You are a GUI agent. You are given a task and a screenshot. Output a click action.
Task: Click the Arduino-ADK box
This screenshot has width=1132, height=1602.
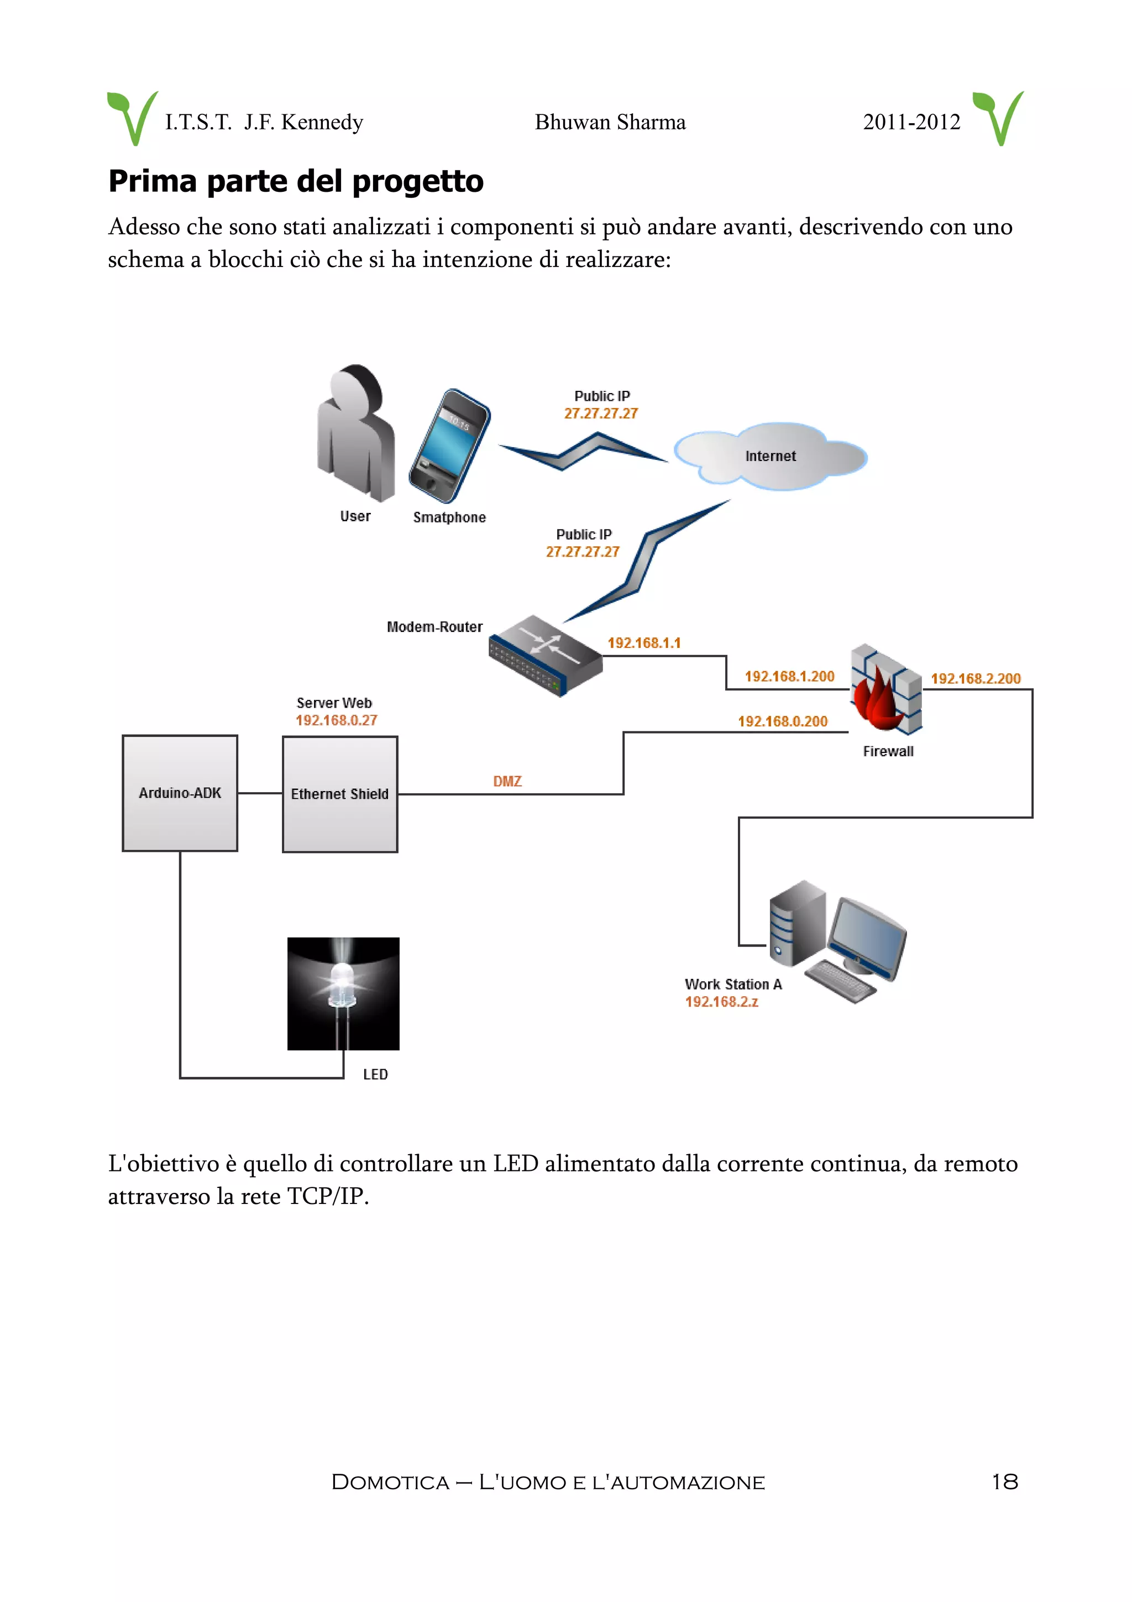click(180, 793)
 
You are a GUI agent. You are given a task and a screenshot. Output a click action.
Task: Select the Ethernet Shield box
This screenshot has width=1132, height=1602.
click(340, 794)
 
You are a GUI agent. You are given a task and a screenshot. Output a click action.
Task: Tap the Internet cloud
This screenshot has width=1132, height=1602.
click(770, 456)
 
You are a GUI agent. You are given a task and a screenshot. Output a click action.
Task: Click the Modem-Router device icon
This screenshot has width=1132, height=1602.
click(545, 655)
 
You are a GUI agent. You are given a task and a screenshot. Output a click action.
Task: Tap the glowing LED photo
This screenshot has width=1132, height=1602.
click(343, 993)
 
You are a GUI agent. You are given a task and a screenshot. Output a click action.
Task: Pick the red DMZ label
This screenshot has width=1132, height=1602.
click(507, 782)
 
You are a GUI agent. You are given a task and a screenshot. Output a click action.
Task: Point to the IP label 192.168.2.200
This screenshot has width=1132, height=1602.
click(975, 678)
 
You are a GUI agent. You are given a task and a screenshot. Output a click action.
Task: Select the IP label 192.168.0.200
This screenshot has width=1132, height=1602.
click(783, 721)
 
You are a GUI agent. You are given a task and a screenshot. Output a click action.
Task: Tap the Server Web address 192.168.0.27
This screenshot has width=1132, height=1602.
click(336, 720)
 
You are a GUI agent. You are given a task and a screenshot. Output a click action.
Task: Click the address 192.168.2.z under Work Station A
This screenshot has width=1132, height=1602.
click(721, 1002)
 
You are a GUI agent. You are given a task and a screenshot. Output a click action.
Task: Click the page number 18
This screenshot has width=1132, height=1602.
click(1004, 1482)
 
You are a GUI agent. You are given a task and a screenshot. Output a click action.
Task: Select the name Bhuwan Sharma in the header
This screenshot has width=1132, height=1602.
click(610, 122)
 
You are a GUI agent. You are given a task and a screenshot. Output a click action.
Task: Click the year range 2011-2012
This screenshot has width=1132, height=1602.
click(911, 122)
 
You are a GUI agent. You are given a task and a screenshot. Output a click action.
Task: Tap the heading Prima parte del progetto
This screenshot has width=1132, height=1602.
click(296, 181)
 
